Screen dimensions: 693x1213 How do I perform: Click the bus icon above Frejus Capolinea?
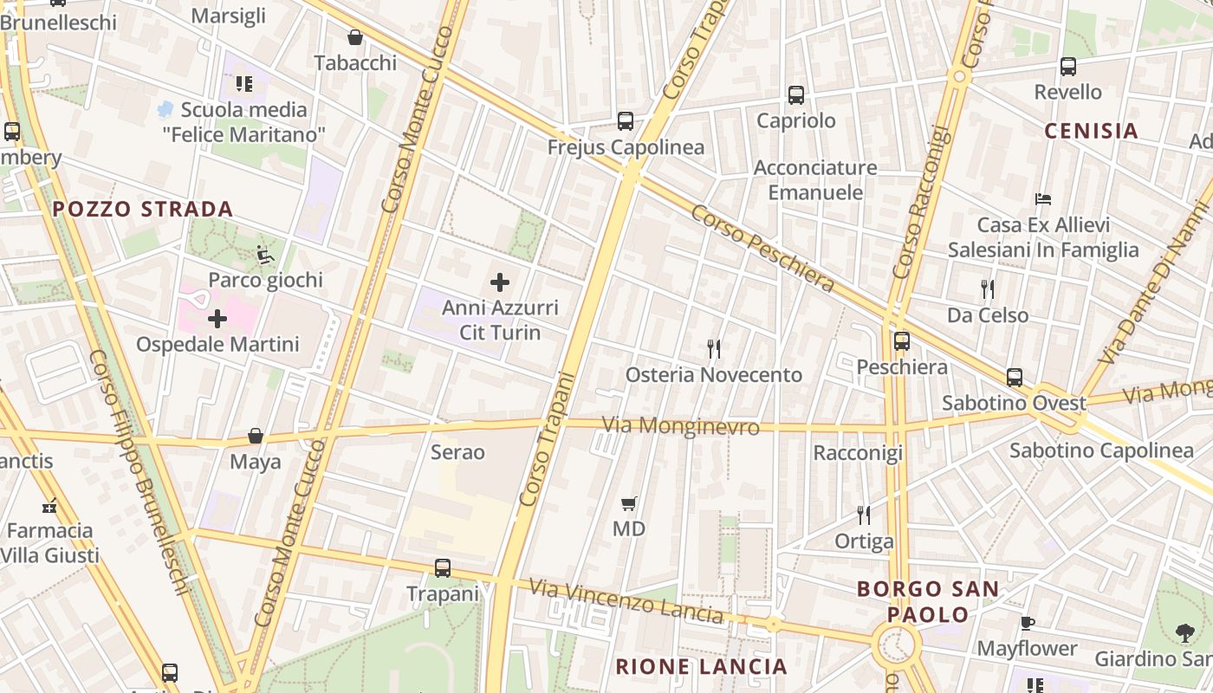coord(626,121)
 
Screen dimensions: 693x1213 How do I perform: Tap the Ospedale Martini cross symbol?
coord(217,319)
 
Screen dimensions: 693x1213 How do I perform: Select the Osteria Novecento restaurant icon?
coord(714,349)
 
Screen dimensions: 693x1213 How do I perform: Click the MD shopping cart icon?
coord(629,503)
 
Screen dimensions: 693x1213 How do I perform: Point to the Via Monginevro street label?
coord(681,426)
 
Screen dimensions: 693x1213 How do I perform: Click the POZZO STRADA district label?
coord(143,209)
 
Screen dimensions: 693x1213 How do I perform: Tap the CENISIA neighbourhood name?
coord(1091,131)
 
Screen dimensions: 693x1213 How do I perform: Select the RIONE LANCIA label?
coord(701,666)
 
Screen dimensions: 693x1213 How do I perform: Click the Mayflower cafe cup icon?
coord(1028,623)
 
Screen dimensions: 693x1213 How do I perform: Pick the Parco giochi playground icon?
coord(265,255)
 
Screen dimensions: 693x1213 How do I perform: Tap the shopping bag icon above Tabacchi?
coord(355,37)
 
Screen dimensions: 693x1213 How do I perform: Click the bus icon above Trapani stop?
coord(443,568)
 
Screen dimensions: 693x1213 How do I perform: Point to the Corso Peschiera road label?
coord(762,249)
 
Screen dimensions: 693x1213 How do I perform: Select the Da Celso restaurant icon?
coord(988,289)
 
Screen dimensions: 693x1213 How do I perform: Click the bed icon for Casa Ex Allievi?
coord(1043,199)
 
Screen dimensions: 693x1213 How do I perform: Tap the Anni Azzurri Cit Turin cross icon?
coord(500,282)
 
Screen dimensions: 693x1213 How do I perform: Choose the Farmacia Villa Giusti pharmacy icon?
coord(49,505)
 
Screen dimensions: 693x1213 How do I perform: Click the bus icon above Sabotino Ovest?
coord(1015,378)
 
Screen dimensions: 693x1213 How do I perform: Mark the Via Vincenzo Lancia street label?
coord(626,602)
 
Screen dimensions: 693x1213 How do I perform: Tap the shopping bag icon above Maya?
coord(256,436)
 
